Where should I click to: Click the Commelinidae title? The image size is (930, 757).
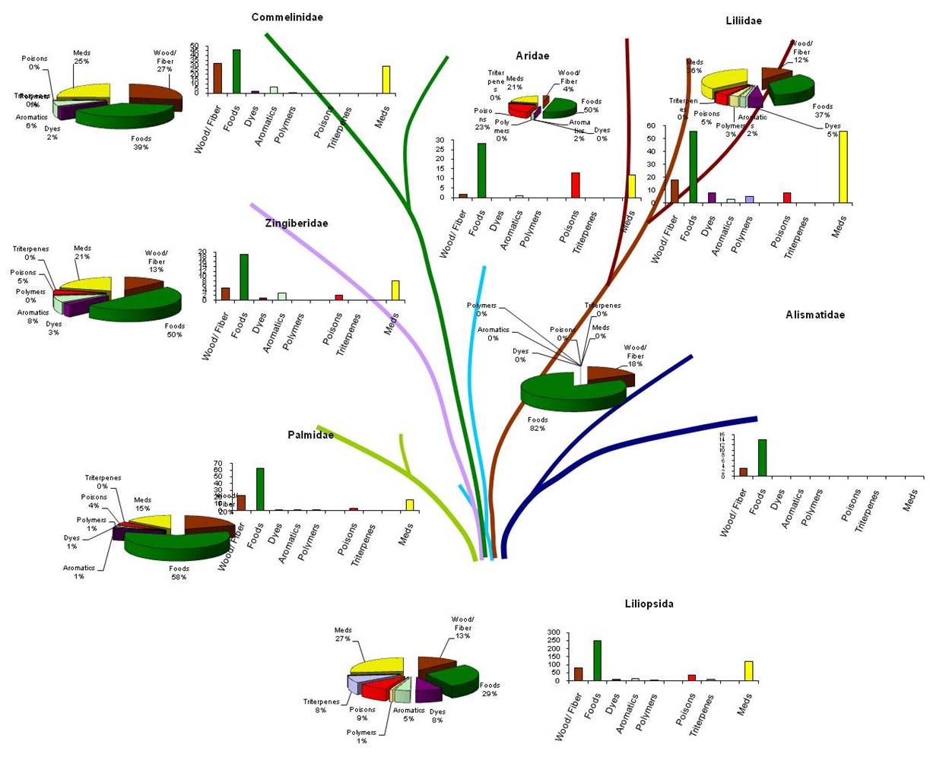tap(287, 17)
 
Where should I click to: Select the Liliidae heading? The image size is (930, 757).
tap(743, 21)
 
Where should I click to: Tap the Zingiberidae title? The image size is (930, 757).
tap(297, 223)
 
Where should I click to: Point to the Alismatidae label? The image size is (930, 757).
tap(814, 315)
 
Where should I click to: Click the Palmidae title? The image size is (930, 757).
tap(310, 435)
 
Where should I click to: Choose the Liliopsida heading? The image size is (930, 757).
tap(649, 604)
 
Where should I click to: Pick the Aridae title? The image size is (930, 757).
tap(532, 55)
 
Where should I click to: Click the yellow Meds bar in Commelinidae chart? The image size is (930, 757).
tap(386, 80)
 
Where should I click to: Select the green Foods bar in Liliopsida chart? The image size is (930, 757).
tap(598, 660)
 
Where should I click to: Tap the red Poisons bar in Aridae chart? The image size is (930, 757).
tap(576, 185)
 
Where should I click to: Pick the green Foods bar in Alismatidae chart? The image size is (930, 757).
tap(762, 458)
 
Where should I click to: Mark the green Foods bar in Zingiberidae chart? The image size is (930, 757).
tap(244, 277)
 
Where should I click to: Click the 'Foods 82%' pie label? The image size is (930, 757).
tap(538, 424)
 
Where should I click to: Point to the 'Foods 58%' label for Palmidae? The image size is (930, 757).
tap(179, 573)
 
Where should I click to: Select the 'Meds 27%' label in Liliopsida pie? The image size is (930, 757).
tap(343, 635)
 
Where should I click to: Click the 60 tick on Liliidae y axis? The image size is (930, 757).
tap(651, 125)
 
